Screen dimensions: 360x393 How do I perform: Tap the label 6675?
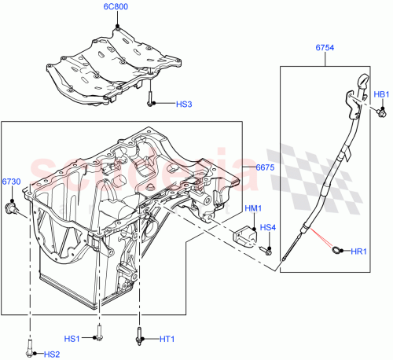click(x=265, y=167)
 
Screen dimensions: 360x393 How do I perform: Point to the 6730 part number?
click(x=10, y=182)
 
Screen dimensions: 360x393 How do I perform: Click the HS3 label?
click(x=182, y=103)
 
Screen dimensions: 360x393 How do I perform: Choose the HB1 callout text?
click(x=381, y=95)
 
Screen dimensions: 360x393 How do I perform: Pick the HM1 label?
click(x=253, y=208)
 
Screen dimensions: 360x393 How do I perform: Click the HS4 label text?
click(x=268, y=228)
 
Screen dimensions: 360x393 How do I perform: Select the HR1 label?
click(x=358, y=251)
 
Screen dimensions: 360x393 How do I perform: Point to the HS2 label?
click(x=52, y=354)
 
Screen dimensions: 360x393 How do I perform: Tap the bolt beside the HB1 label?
click(x=380, y=112)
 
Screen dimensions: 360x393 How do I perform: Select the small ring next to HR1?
click(x=337, y=251)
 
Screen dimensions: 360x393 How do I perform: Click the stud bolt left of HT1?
click(x=140, y=336)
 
